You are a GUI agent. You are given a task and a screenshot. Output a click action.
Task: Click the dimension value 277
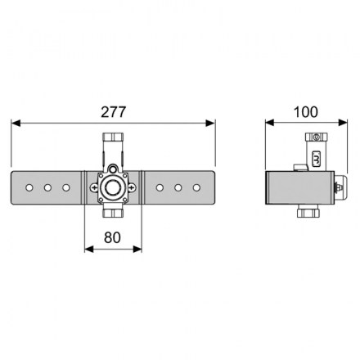click(114, 112)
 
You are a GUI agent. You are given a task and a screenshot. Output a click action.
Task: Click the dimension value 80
click(112, 237)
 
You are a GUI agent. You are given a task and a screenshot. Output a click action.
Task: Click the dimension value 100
click(306, 112)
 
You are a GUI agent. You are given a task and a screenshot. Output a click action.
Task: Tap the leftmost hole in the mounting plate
click(29, 187)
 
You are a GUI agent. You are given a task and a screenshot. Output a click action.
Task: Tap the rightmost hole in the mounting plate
click(196, 187)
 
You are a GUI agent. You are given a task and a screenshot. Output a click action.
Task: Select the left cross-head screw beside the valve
click(94, 187)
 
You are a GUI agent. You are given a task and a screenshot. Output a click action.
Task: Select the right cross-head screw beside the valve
click(132, 187)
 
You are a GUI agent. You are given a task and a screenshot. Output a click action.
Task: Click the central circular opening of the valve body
click(113, 187)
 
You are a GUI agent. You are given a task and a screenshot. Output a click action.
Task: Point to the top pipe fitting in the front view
click(113, 137)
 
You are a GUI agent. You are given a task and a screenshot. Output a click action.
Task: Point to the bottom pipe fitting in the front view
click(113, 214)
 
